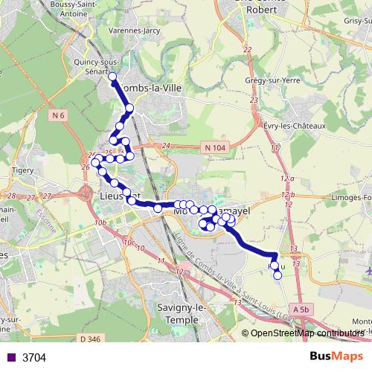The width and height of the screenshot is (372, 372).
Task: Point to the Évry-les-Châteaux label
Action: pos(295,126)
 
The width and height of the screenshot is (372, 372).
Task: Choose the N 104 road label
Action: pos(214,149)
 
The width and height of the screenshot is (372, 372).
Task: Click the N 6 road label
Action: pos(59,115)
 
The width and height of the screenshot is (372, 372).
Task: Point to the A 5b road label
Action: pos(301,308)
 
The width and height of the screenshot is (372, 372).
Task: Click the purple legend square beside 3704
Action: pos(10,358)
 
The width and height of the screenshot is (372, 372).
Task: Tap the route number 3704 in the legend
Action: pos(34,358)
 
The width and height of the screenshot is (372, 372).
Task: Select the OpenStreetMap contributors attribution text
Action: pos(307,333)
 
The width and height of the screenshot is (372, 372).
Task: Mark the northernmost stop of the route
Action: pos(113,77)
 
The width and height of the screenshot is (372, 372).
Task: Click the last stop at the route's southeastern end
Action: pos(278,275)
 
